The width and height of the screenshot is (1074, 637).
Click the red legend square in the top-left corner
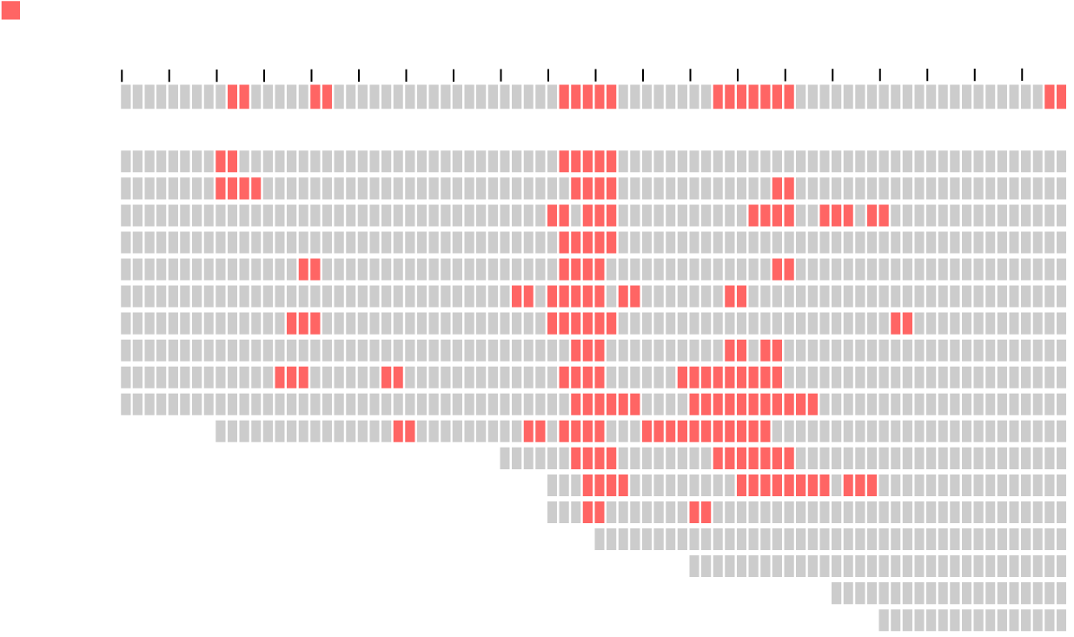(10, 10)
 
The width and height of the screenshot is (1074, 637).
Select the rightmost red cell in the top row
(1061, 96)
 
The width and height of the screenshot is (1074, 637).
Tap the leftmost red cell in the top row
(232, 96)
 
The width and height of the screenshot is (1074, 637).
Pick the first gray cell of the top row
(126, 96)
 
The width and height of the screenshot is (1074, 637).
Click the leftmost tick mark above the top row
(122, 75)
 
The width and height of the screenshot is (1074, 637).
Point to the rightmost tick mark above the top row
(1023, 74)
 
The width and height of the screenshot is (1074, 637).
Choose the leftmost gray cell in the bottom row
(884, 620)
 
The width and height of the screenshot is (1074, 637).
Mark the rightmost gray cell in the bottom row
(1061, 620)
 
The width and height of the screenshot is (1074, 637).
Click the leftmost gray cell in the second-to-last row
(837, 594)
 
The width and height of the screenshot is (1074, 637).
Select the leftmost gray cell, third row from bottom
(694, 567)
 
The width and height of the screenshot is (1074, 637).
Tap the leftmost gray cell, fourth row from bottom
(600, 540)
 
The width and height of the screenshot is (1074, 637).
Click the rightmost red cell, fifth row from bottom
(706, 513)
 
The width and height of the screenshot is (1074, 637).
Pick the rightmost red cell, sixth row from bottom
(872, 486)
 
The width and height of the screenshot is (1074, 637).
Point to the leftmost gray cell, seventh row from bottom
(505, 459)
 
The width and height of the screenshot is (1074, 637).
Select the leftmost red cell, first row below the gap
(221, 162)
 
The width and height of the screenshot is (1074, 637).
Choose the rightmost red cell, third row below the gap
(884, 216)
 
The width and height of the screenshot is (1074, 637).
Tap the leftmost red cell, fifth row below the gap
(303, 269)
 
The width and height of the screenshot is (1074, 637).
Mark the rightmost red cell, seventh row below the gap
(907, 323)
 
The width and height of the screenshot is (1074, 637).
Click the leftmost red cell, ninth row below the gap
(280, 377)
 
